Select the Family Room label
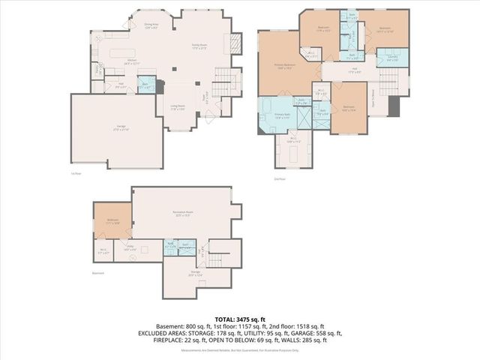coord(199,46)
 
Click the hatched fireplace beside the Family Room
coord(235,42)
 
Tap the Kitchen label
coord(120,62)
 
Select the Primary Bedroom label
coord(285,67)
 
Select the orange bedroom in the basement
coord(112,221)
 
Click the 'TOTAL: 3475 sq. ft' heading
coord(239,319)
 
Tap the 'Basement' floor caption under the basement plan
coord(98,274)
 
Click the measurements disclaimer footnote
coord(239,349)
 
